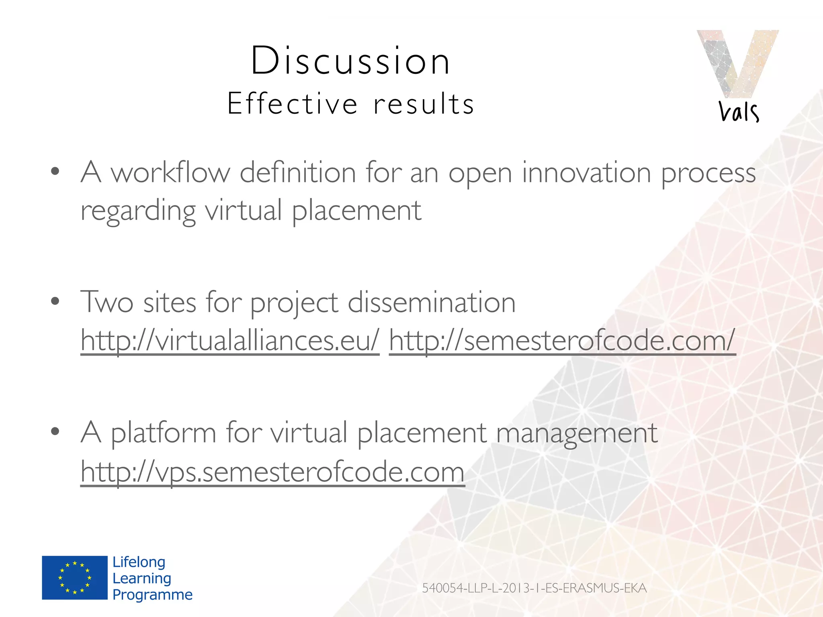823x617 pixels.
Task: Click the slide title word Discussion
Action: [x=350, y=61]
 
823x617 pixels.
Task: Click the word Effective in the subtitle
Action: [x=292, y=104]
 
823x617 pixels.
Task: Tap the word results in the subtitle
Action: [x=424, y=104]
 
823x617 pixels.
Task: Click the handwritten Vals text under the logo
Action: [x=739, y=111]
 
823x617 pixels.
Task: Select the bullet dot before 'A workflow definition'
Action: [x=55, y=172]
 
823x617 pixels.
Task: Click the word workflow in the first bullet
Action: [x=170, y=173]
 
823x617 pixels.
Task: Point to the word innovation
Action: [x=586, y=173]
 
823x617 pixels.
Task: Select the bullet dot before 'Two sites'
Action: [x=55, y=301]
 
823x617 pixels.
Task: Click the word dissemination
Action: [x=431, y=302]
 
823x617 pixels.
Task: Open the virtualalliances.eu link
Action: [x=229, y=341]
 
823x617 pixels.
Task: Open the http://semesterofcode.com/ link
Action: [x=562, y=341]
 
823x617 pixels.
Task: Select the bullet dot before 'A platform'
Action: [x=55, y=431]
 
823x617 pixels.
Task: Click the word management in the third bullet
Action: [x=577, y=433]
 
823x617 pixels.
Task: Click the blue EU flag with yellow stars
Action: [x=75, y=578]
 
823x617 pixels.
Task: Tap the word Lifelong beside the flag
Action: [x=139, y=562]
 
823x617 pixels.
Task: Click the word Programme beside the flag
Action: [x=152, y=595]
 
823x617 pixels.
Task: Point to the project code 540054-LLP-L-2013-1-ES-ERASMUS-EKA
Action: [x=534, y=588]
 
